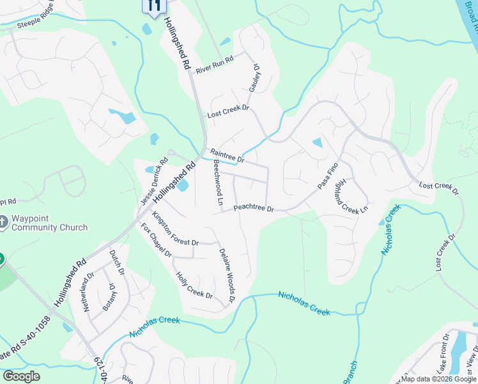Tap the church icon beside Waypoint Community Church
point(3,222)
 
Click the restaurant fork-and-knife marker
point(153,6)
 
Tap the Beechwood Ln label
point(219,181)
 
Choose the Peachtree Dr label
point(253,209)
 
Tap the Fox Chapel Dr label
point(157,240)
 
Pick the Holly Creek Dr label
point(194,285)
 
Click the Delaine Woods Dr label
point(227,275)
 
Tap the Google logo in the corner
point(21,376)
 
